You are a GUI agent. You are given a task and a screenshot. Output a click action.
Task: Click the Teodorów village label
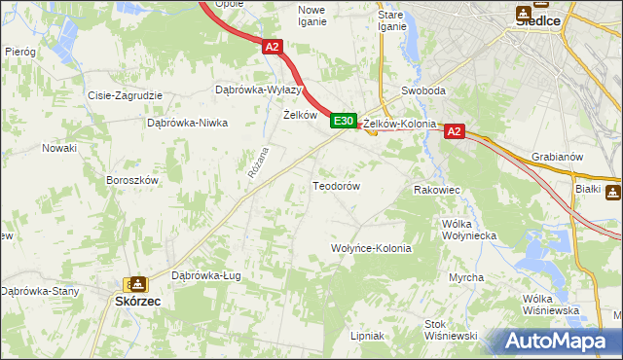(x=337, y=186)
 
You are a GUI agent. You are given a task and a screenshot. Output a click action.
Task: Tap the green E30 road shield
(x=342, y=121)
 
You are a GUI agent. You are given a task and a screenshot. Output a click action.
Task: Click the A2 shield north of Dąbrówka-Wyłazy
(x=273, y=46)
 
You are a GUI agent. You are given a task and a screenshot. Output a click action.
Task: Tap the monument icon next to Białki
(x=612, y=192)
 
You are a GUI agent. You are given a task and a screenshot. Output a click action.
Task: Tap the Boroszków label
(x=131, y=180)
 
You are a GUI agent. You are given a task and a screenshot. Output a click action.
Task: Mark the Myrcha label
(x=466, y=278)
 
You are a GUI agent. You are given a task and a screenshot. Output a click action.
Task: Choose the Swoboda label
(x=423, y=91)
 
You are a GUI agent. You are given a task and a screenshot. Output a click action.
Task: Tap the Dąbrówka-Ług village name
(x=205, y=275)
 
